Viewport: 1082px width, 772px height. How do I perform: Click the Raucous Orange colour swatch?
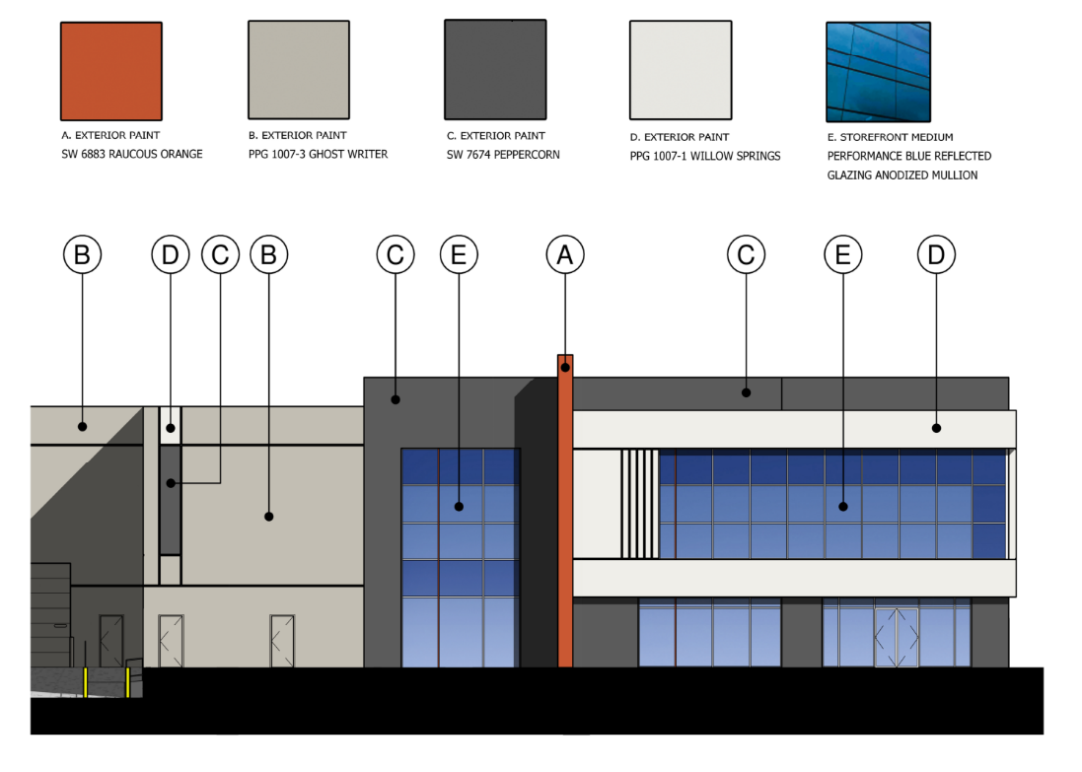click(111, 72)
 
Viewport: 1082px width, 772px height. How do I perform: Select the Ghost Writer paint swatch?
click(298, 71)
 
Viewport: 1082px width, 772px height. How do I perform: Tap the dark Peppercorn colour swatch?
click(495, 71)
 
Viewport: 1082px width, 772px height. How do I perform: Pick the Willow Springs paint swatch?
click(681, 71)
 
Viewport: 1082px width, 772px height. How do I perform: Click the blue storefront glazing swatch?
click(878, 71)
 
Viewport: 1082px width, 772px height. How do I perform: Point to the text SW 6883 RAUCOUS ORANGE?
click(131, 155)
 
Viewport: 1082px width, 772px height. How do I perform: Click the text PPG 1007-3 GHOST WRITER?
click(318, 155)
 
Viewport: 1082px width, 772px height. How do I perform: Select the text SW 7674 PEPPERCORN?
click(503, 155)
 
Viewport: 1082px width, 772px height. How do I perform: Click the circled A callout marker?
click(565, 255)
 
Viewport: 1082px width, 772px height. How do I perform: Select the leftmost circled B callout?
click(83, 255)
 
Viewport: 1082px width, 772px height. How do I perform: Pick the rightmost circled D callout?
click(936, 255)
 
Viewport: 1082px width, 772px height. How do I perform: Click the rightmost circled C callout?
click(747, 255)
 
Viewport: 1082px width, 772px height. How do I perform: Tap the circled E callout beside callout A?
click(459, 255)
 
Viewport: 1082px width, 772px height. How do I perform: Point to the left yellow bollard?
click(86, 682)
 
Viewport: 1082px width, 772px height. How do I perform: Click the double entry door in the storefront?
click(897, 637)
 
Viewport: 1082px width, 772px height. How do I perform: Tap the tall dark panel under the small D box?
click(171, 500)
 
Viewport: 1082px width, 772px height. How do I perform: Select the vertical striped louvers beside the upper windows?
click(639, 503)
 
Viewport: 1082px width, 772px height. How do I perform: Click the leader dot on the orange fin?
click(565, 368)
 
